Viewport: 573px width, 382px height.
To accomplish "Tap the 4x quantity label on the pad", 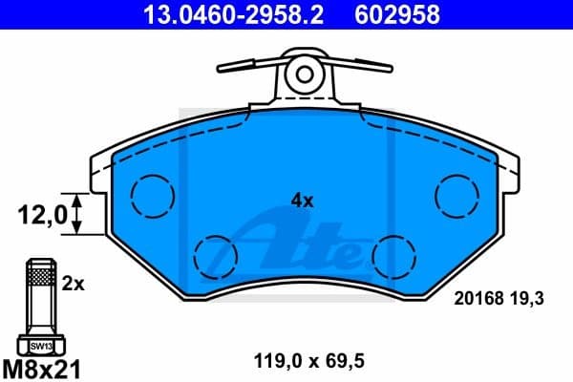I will coord(302,201).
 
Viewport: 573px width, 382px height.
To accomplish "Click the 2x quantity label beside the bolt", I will coord(74,284).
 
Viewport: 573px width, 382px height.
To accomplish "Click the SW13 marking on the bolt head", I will coord(39,345).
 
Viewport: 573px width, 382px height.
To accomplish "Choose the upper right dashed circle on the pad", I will coord(456,196).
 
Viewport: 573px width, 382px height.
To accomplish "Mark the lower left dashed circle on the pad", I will coord(216,254).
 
